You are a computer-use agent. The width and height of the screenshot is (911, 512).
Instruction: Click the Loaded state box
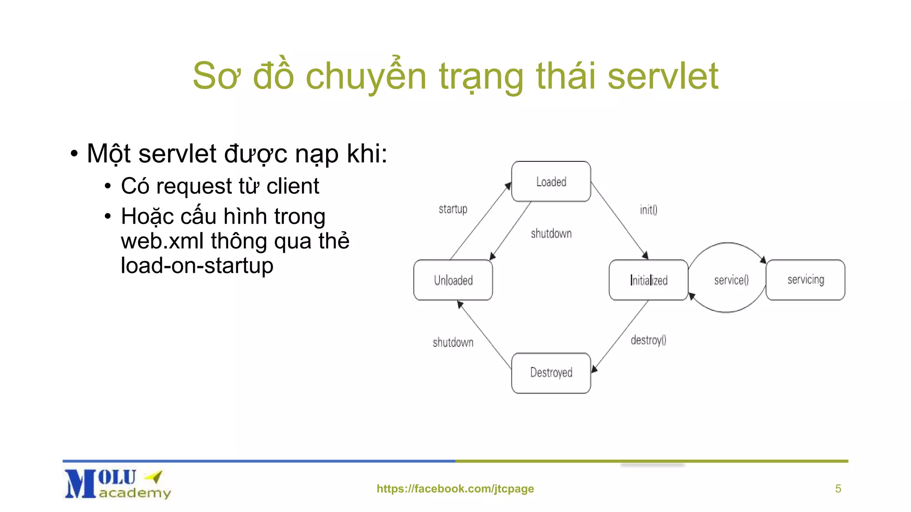551,181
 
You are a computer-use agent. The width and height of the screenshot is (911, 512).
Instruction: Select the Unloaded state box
453,280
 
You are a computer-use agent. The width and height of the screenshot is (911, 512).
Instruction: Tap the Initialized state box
648,280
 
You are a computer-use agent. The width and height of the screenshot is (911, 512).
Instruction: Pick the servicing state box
805,280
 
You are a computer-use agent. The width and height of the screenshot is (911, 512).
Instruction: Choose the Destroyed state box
551,372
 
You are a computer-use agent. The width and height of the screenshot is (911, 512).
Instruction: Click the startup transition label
453,209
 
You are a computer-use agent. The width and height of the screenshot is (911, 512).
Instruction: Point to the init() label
648,209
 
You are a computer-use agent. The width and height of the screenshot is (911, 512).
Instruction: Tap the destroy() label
648,340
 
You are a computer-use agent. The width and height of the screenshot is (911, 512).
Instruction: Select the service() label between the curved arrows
731,280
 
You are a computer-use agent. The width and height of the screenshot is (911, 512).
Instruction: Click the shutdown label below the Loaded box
551,233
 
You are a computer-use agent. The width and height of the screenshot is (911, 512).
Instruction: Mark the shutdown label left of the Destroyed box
453,342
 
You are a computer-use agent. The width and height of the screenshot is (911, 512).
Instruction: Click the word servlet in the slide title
662,76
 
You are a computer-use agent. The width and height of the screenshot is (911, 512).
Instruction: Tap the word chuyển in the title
366,76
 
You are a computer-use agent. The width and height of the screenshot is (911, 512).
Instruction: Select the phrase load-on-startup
197,265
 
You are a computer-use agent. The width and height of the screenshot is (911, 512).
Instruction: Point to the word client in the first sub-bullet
292,186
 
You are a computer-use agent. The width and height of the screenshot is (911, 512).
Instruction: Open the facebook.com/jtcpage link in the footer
455,488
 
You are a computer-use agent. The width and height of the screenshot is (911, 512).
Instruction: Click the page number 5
838,488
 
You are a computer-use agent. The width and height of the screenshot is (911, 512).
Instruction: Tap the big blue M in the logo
80,484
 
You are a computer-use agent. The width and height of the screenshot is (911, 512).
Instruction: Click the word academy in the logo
135,493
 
